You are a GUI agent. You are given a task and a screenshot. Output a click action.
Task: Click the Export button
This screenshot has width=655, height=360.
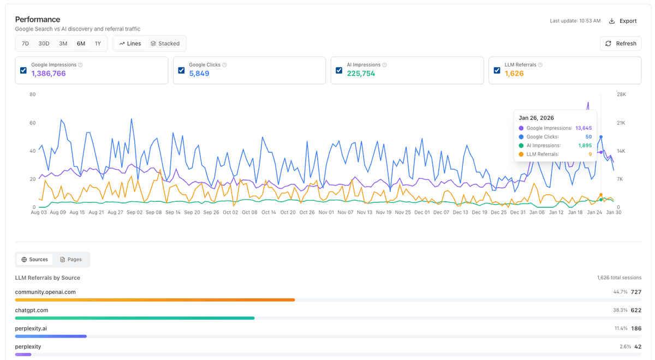coord(623,21)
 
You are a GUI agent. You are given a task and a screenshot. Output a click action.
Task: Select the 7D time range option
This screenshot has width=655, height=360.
coord(25,44)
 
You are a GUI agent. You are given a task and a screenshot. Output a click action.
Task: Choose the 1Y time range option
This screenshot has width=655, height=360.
coord(98,44)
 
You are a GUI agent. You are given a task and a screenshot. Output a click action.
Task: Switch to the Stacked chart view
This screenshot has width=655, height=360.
coord(165,44)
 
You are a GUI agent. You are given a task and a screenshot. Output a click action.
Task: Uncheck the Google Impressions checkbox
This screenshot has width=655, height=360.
coord(23,70)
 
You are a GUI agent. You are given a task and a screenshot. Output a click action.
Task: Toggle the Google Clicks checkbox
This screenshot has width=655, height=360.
coord(181,70)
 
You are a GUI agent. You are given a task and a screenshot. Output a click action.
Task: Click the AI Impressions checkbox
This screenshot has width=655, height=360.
coord(339,70)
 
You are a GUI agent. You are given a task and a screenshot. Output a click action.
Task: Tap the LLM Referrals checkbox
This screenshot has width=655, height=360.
coord(497,70)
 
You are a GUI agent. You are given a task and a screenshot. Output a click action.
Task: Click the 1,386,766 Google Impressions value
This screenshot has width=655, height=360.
coord(49,74)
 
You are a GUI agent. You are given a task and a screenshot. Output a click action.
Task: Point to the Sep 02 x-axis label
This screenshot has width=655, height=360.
coord(135,213)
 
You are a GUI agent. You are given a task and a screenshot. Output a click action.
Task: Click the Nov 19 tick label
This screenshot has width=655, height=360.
coord(382,213)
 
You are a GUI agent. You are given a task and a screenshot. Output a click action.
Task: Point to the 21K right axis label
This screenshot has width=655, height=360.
coord(621,123)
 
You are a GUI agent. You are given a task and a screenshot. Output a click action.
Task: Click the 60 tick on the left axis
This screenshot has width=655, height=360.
coord(32,123)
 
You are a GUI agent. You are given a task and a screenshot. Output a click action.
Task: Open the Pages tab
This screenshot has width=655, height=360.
coord(71,260)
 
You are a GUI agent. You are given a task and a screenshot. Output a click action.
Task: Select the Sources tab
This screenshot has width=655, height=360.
coord(34,260)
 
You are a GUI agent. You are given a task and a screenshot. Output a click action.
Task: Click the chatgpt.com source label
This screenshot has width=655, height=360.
coord(32,310)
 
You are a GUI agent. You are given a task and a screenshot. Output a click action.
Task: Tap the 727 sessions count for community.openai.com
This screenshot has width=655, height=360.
coord(636,292)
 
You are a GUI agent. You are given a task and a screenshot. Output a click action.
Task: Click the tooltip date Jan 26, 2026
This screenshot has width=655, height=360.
coord(536,118)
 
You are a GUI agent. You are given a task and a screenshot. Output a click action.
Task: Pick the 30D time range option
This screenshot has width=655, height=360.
coord(44,44)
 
